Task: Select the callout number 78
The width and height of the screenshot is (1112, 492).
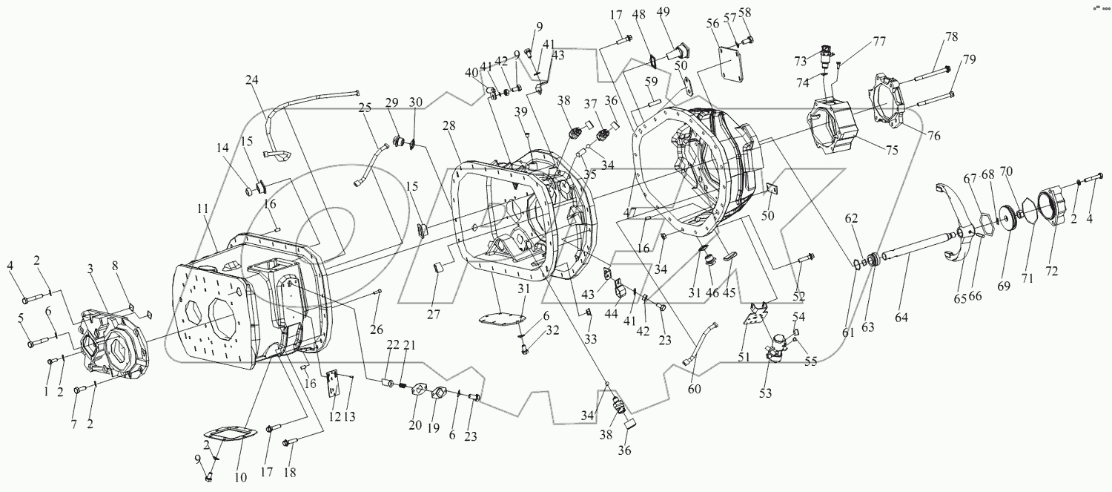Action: click(x=951, y=37)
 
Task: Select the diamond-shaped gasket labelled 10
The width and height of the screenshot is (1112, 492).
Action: click(x=231, y=439)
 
